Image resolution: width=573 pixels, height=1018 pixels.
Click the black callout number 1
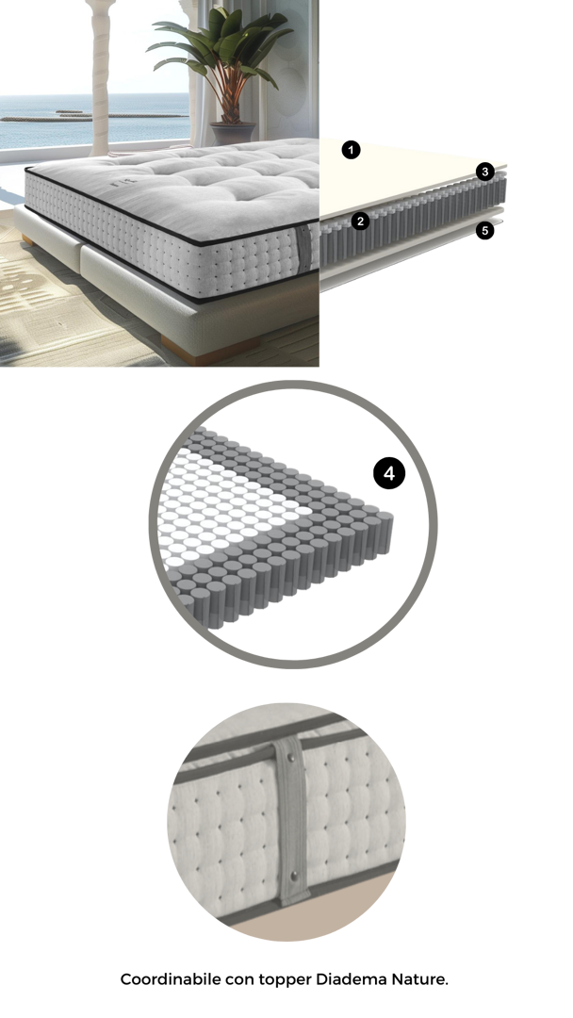pos(352,151)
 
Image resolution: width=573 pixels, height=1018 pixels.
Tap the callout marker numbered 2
pos(360,222)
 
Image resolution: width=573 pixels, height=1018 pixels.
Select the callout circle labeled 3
pos(484,172)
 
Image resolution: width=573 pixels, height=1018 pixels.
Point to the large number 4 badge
pos(389,473)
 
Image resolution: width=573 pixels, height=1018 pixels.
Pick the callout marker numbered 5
pos(484,231)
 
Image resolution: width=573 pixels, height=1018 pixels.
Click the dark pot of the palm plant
pos(233,133)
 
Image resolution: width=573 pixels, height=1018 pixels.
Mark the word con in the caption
pos(239,980)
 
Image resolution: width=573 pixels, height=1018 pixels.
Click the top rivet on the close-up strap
pos(290,755)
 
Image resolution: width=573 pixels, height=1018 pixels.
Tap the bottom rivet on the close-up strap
pos(294,876)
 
